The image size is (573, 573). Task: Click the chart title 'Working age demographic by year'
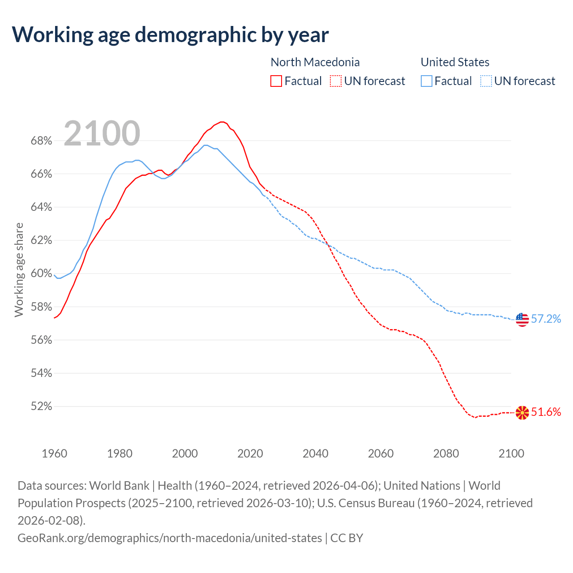point(170,34)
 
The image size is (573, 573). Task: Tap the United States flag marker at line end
point(522,319)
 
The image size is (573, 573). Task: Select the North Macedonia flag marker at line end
point(522,413)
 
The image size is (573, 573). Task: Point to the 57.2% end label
point(546,319)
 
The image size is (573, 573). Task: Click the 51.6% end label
point(546,412)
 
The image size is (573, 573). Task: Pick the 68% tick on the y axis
point(41,141)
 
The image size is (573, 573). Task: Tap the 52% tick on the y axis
point(41,406)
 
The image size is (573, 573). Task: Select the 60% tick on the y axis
point(41,274)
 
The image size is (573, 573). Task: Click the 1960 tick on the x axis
point(54,453)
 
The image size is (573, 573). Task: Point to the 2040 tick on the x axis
point(316,453)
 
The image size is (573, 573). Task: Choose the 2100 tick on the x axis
point(511,453)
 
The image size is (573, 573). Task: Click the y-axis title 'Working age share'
point(19,269)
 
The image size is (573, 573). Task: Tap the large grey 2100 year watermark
point(102,133)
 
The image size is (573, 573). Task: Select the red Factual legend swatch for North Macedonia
point(276,81)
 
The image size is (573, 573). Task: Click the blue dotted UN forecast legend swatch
point(486,81)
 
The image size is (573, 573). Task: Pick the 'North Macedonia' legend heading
point(315,62)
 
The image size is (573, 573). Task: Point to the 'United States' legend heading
point(455,62)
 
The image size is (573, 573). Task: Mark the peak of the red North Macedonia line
point(222,122)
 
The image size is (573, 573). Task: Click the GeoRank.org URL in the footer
point(170,538)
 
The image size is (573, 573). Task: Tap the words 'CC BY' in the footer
point(347,538)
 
